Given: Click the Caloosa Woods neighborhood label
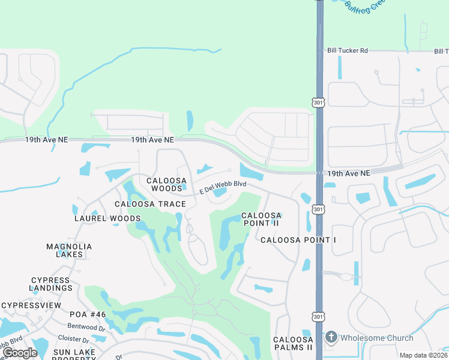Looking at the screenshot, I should pyautogui.click(x=167, y=184).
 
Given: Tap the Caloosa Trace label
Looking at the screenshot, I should pyautogui.click(x=150, y=204).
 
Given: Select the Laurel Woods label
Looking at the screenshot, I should pyautogui.click(x=107, y=218).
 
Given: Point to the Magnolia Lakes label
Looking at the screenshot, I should pyautogui.click(x=69, y=250).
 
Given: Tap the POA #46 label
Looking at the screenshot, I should pyautogui.click(x=88, y=314).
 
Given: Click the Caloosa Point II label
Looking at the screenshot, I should pyautogui.click(x=261, y=219).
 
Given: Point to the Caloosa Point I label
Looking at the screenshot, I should pyautogui.click(x=298, y=240).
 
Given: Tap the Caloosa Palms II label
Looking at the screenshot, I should pyautogui.click(x=293, y=343).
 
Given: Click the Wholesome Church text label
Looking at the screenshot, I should pyautogui.click(x=377, y=338).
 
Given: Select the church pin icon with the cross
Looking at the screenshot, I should pyautogui.click(x=331, y=338).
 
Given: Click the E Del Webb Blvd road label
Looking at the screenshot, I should pyautogui.click(x=223, y=187).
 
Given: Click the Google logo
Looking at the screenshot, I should pyautogui.click(x=20, y=353).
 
